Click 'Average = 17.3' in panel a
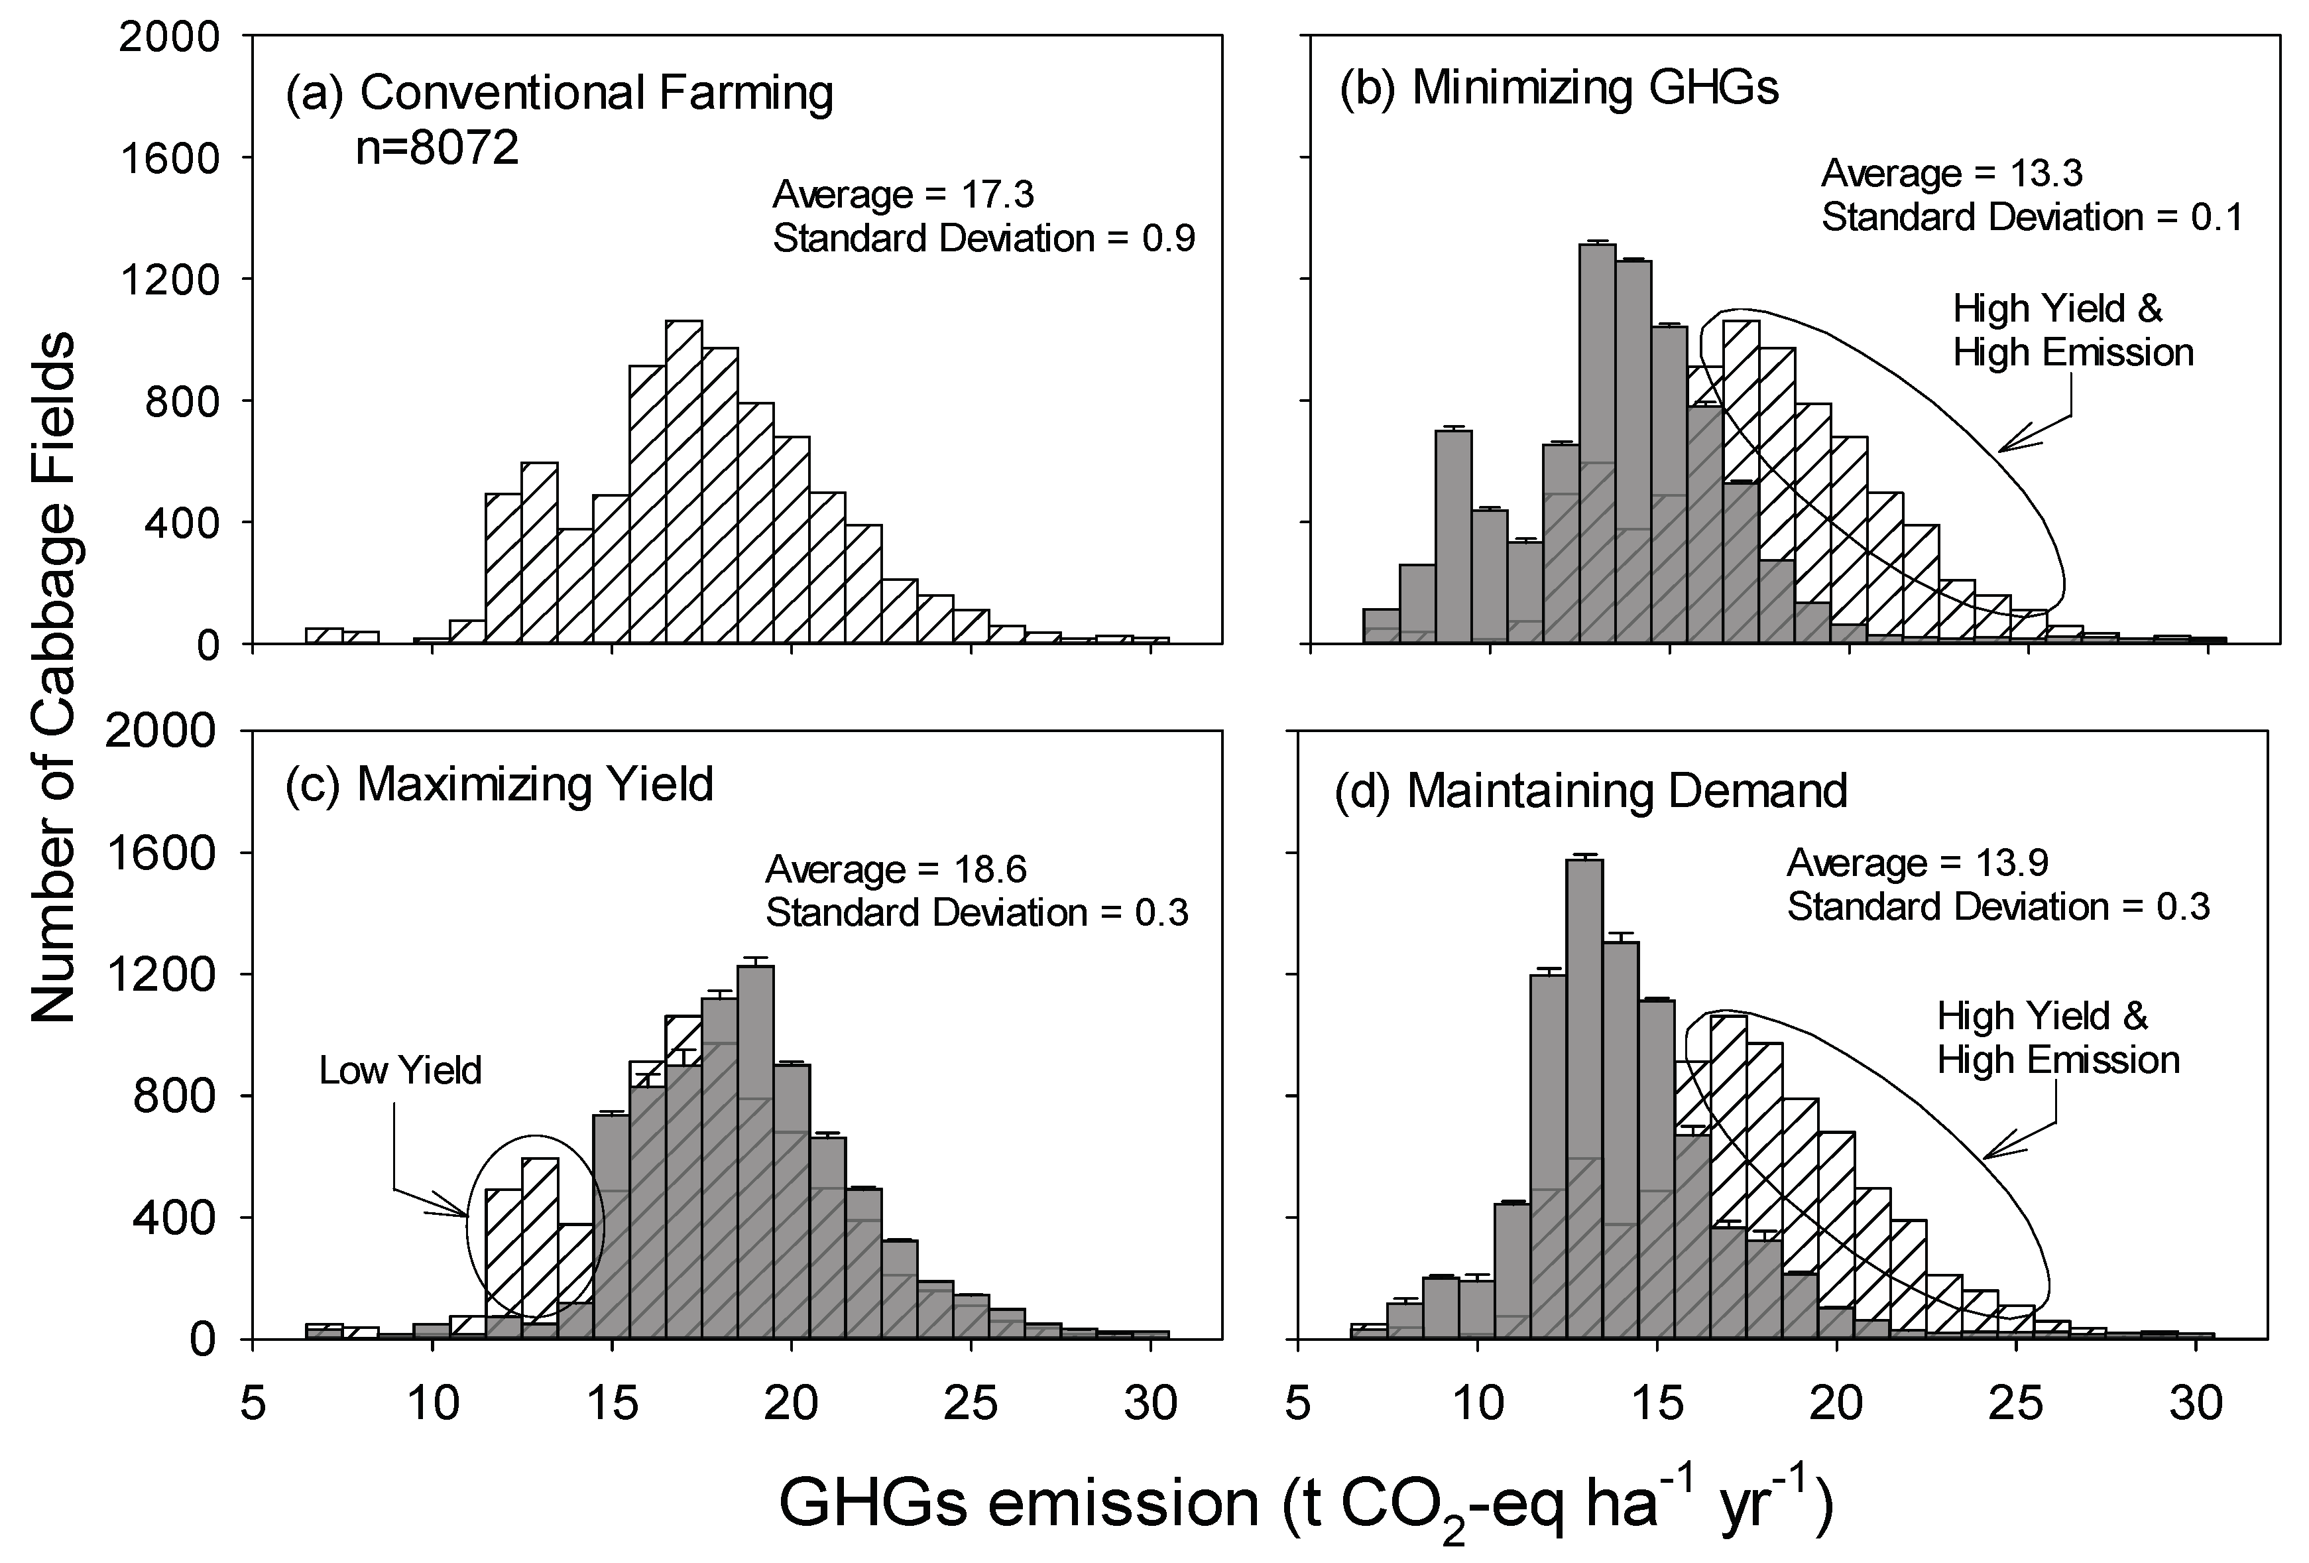903,195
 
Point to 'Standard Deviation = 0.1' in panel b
2032,218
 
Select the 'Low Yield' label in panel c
400,1071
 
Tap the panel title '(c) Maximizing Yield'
500,785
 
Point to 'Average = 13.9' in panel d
1918,863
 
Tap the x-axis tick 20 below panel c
791,1404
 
